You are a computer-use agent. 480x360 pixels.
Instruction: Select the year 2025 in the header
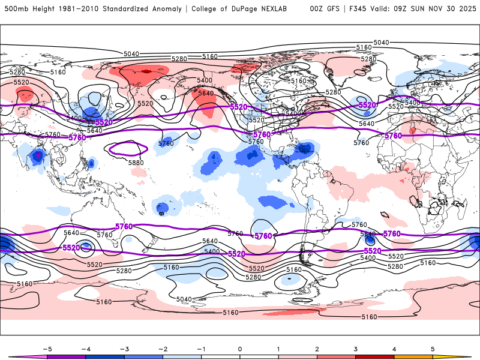tap(464, 9)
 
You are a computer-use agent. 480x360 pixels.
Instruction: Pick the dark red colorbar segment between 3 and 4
tap(375, 356)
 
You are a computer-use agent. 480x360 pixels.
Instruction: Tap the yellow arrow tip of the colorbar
tap(465, 356)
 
